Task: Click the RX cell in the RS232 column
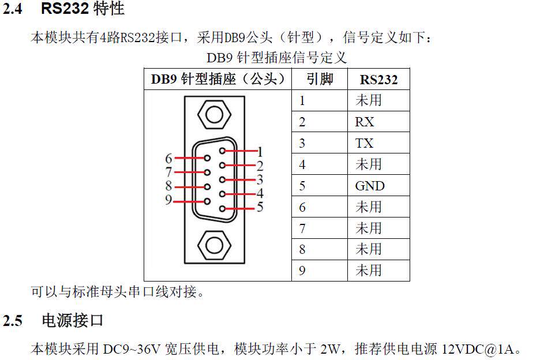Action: click(365, 122)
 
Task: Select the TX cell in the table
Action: click(365, 143)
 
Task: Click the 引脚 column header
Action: click(320, 79)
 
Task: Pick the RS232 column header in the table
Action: click(378, 80)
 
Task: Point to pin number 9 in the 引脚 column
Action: click(302, 270)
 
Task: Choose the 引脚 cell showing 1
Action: click(302, 100)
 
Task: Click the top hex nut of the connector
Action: click(214, 114)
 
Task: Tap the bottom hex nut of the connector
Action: click(214, 245)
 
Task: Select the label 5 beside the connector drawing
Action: click(260, 207)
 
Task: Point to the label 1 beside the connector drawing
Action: click(260, 152)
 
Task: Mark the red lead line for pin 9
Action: click(188, 201)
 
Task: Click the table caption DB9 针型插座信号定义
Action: click(276, 58)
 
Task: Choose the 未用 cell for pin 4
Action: click(369, 164)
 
